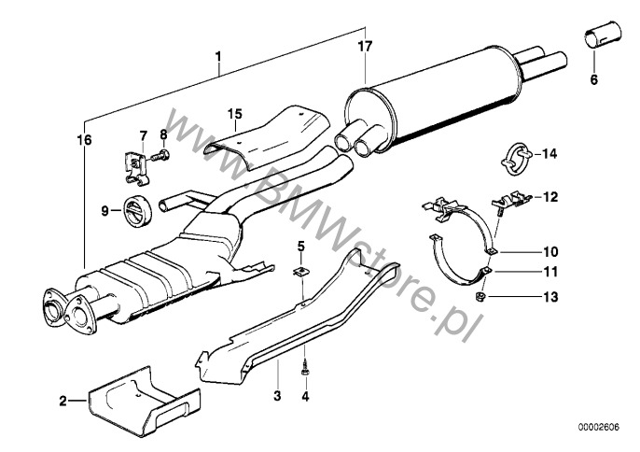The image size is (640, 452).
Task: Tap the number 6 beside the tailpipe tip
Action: click(x=592, y=80)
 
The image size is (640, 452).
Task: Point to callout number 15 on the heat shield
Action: click(x=237, y=114)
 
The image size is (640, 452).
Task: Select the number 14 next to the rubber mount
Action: click(x=549, y=153)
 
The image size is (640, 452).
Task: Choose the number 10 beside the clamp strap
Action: click(x=550, y=250)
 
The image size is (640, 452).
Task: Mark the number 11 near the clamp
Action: click(x=550, y=274)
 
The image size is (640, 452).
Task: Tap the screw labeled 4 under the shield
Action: click(x=304, y=371)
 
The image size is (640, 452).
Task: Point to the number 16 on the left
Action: click(x=85, y=140)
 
